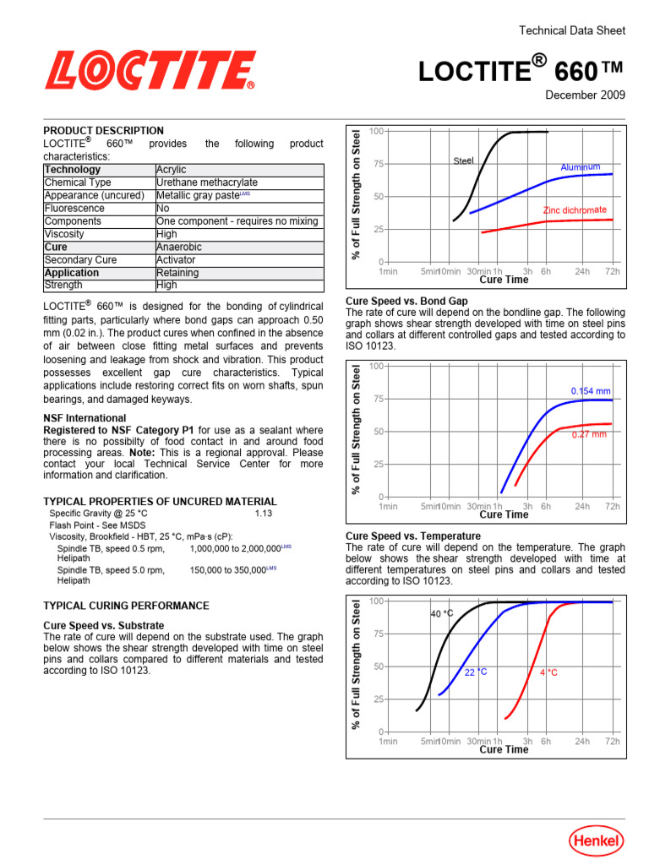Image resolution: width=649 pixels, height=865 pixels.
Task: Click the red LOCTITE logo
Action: pos(150,70)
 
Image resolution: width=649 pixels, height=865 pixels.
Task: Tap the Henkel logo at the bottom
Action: pos(596,840)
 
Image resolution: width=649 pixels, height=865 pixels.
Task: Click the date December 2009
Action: pos(585,95)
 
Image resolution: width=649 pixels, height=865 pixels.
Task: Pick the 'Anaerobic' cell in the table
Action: pos(179,248)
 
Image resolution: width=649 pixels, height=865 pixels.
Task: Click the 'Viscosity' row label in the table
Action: pos(64,234)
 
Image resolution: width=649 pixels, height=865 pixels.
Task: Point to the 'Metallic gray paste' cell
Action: pos(203,196)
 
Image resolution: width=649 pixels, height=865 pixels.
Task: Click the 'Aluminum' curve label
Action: pos(580,167)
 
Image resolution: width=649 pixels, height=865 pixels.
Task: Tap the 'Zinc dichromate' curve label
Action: pos(574,209)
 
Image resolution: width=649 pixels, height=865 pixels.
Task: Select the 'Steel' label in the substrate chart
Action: pos(463,160)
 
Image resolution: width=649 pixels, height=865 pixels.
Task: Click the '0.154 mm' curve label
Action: pos(590,391)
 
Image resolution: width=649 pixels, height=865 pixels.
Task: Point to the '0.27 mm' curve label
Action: pos(589,434)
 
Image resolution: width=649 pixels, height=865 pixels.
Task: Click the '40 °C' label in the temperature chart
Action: pos(442,614)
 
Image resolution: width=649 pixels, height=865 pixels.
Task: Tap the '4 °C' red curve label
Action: pos(548,672)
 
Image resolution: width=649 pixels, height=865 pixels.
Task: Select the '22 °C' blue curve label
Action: pos(476,672)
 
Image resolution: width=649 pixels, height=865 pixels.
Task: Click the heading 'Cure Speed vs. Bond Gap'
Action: pos(406,301)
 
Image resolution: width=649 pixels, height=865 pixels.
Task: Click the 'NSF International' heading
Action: pos(85,418)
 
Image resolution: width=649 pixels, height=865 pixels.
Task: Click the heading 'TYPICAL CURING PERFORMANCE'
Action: pos(126,606)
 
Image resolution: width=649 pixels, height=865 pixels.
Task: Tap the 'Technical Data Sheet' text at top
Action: pos(571,30)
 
